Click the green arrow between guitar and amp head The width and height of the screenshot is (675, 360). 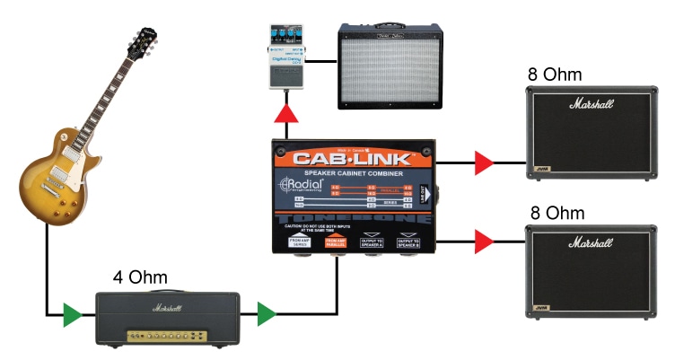point(72,314)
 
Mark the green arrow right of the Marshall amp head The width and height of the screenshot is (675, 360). point(266,314)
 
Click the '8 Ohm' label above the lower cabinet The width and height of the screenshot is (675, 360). point(556,214)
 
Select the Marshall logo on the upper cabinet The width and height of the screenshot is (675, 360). point(590,104)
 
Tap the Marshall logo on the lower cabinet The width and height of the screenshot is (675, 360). point(590,243)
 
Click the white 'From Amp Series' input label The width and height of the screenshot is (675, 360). point(301,241)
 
